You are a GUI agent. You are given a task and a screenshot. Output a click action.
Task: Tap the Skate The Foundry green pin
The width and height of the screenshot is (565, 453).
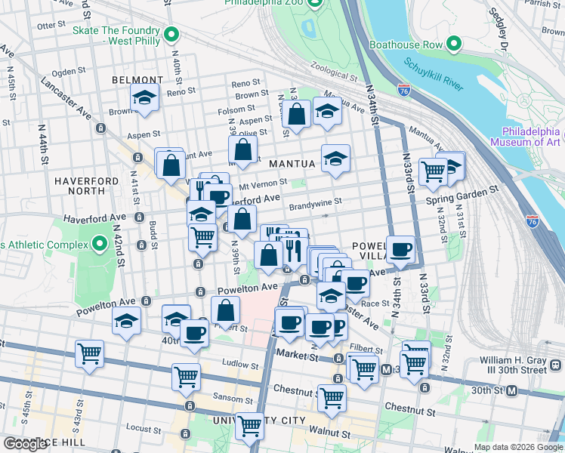click(172, 33)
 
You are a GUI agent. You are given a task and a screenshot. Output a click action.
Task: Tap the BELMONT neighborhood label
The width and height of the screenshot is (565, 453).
click(137, 80)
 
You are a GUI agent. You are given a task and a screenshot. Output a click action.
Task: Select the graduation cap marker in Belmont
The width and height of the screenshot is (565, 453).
click(144, 98)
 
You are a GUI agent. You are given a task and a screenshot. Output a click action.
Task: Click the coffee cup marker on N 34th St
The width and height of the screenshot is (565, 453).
click(401, 249)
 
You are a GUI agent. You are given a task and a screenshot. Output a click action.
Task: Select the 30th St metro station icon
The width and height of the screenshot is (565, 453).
click(512, 390)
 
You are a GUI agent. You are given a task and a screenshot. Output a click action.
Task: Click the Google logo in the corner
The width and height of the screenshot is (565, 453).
click(26, 444)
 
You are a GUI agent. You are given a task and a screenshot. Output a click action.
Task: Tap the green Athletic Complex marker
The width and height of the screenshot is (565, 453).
click(100, 244)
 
